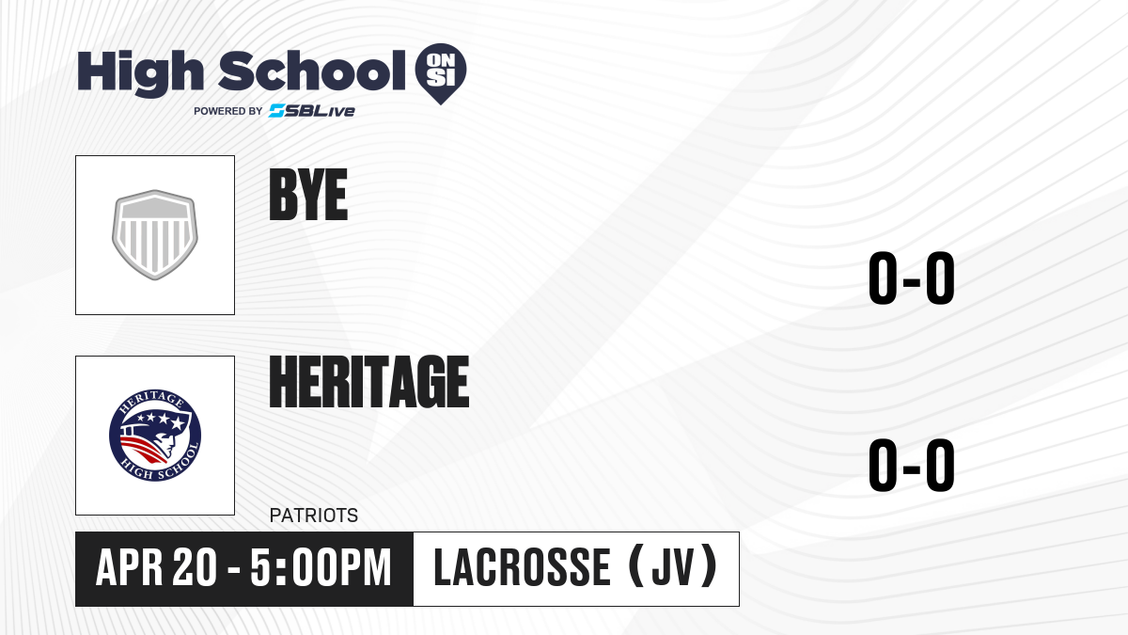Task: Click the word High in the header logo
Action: (x=141, y=73)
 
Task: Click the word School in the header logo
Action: (x=312, y=71)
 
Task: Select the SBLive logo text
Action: (x=312, y=111)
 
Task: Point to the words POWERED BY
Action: (x=228, y=111)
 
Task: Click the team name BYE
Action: (x=308, y=195)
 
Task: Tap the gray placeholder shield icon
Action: (x=155, y=235)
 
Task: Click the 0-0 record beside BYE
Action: (x=912, y=278)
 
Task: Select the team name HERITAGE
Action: (x=369, y=381)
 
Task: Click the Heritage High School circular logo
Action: (x=155, y=436)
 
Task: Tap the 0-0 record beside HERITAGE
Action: (x=912, y=465)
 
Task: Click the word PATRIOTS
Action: (x=314, y=516)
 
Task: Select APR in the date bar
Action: (x=130, y=567)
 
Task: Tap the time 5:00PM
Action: (x=321, y=567)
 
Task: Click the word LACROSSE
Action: (x=523, y=567)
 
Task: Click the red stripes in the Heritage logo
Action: (x=141, y=449)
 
